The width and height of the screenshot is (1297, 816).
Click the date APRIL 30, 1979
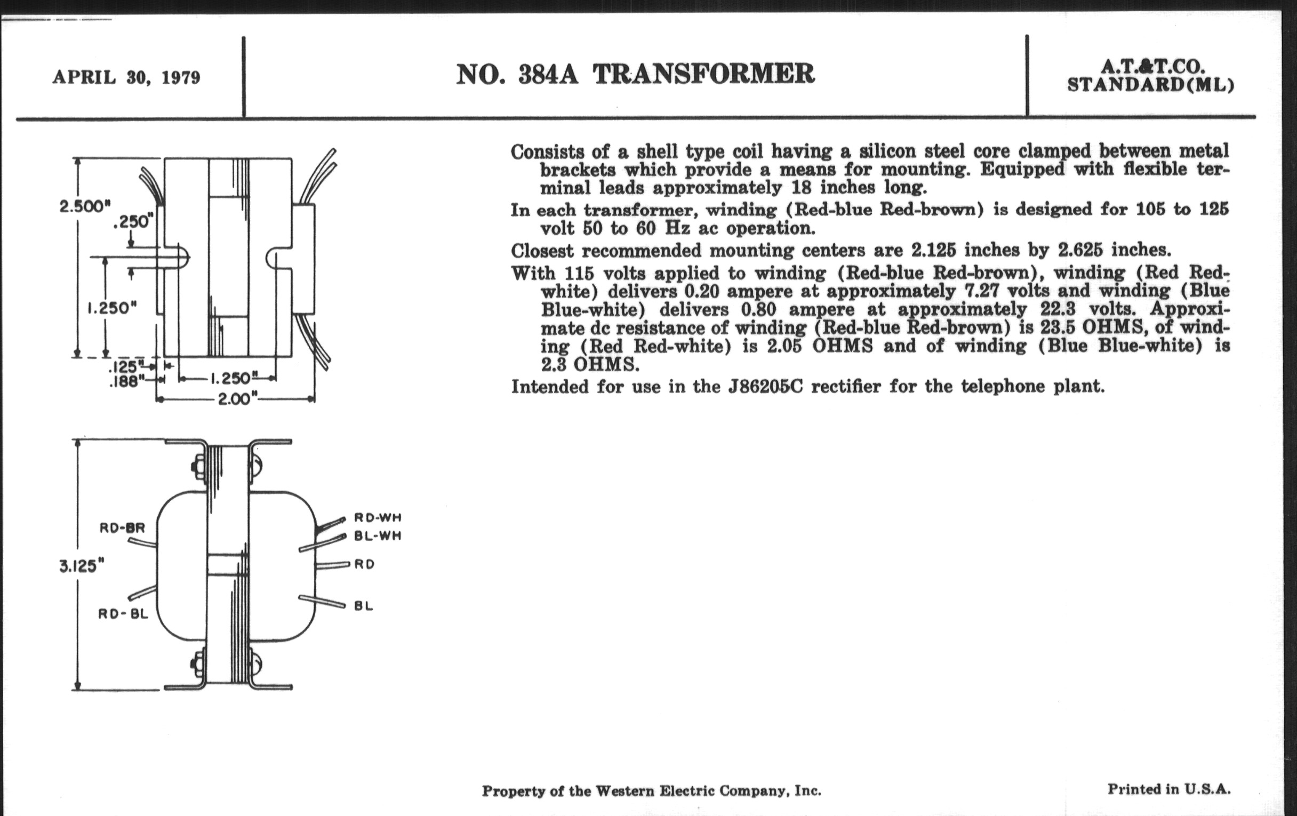(x=126, y=77)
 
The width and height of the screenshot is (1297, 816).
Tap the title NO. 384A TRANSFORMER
(x=635, y=74)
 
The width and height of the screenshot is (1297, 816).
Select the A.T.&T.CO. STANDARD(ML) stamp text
(x=1150, y=76)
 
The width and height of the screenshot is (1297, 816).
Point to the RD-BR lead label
(x=122, y=528)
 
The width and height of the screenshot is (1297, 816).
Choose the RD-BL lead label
(x=123, y=613)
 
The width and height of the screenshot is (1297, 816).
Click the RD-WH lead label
(x=378, y=518)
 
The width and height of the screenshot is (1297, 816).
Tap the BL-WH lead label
(x=378, y=537)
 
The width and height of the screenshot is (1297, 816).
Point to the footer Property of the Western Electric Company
(x=651, y=791)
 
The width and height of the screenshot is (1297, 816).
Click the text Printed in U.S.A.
(x=1169, y=789)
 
